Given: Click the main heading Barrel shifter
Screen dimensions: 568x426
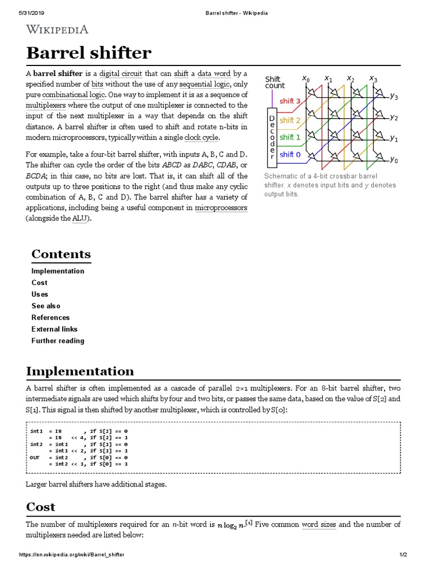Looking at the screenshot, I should click(x=88, y=53).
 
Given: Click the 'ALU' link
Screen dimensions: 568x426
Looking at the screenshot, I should click(x=80, y=219).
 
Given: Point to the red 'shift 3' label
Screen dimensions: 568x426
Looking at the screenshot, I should click(x=291, y=101).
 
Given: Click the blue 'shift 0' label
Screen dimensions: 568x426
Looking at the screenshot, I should click(x=291, y=155).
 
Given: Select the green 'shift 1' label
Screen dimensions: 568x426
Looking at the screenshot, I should click(x=291, y=137).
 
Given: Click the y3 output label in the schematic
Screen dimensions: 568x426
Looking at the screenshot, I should click(x=393, y=96).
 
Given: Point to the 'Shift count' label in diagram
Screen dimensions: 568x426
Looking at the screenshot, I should click(x=275, y=83).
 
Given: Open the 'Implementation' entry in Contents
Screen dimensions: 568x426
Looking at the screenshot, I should click(x=58, y=271).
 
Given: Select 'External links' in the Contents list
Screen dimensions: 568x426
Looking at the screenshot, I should click(x=54, y=329).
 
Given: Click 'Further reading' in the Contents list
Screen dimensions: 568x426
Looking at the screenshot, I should click(x=58, y=341).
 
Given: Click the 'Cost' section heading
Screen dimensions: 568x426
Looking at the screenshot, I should click(x=41, y=506).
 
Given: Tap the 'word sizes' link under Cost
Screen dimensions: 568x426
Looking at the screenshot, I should click(x=318, y=524).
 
